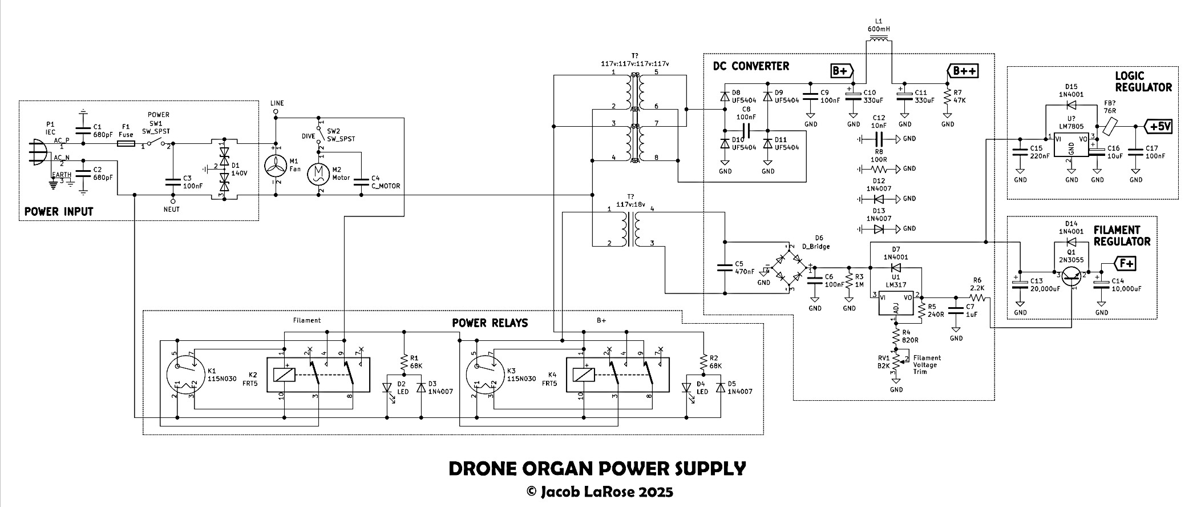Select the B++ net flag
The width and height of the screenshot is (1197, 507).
(963, 71)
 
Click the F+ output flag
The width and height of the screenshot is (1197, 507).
(1119, 264)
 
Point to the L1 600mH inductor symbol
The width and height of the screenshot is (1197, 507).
(878, 41)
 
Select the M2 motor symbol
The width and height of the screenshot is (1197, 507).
(320, 174)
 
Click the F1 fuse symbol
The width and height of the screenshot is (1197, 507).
(126, 144)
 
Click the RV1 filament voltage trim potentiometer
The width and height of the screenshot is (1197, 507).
(896, 361)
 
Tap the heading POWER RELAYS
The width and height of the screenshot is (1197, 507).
(490, 323)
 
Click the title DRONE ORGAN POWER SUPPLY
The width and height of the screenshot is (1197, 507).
(597, 469)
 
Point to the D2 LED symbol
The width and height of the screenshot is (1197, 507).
(387, 388)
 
